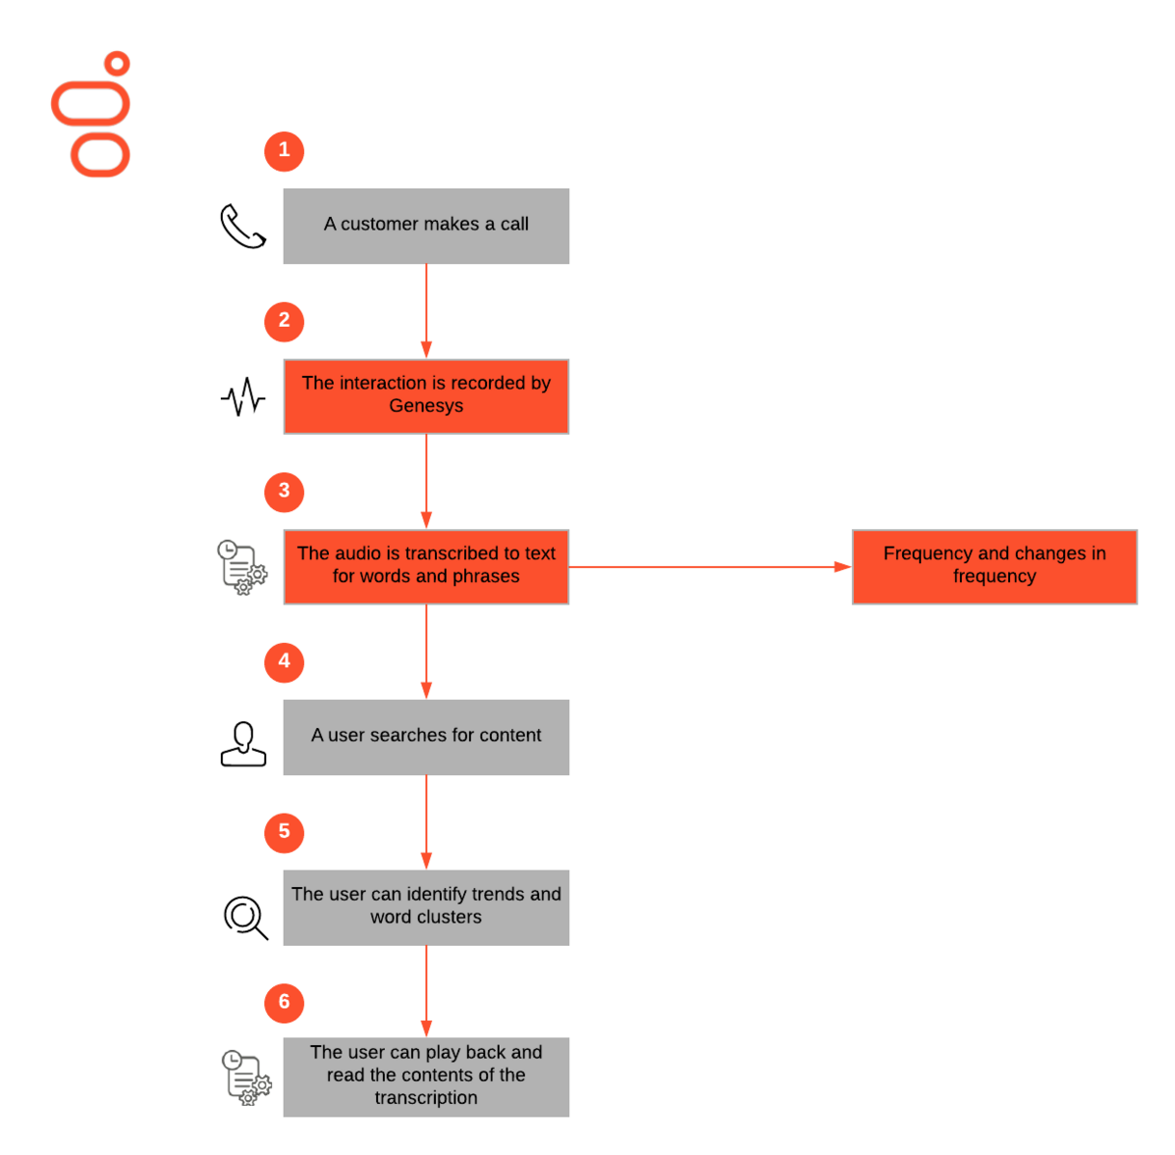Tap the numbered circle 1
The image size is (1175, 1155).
(285, 151)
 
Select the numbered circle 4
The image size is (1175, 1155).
(285, 662)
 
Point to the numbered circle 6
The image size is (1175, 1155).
(285, 1004)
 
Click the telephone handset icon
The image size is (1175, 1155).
(243, 227)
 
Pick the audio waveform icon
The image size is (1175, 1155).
(243, 397)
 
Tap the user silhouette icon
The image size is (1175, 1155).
(243, 744)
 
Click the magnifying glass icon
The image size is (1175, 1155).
(246, 918)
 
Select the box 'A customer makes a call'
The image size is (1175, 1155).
(426, 227)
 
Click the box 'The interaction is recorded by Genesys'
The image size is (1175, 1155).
(426, 397)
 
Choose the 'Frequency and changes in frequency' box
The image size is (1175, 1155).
(995, 567)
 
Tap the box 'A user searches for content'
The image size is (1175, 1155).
(426, 738)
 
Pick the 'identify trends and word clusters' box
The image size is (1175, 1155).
(426, 907)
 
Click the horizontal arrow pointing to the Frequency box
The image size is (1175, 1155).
(710, 567)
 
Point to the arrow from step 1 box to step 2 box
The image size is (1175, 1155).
(426, 311)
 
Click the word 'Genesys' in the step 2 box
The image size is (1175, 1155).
(426, 406)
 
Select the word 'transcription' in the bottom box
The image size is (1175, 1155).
(426, 1098)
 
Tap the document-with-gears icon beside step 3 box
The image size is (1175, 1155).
(242, 568)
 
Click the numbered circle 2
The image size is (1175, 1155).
(285, 322)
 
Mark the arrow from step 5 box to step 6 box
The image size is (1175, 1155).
(426, 992)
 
